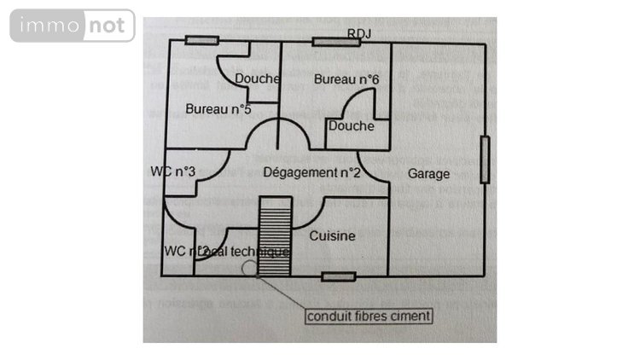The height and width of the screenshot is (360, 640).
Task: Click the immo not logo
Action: pyautogui.click(x=73, y=26)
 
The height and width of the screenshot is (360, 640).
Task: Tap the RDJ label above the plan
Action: pyautogui.click(x=359, y=33)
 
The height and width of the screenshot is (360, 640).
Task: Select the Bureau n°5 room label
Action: pyautogui.click(x=218, y=108)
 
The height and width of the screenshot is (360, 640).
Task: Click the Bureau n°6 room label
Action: pyautogui.click(x=346, y=79)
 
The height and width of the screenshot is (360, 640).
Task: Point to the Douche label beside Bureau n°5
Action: pyautogui.click(x=258, y=79)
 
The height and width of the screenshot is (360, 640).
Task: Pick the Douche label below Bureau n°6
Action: pyautogui.click(x=351, y=126)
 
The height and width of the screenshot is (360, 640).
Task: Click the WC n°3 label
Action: pyautogui.click(x=174, y=171)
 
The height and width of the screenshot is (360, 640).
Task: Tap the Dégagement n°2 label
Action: pyautogui.click(x=311, y=172)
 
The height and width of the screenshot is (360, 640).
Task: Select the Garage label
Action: pyautogui.click(x=428, y=173)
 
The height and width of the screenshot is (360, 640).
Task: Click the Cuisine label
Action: pyautogui.click(x=332, y=235)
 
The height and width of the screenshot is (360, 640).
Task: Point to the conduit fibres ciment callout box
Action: pyautogui.click(x=369, y=316)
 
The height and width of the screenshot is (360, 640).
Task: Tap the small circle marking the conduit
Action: pyautogui.click(x=249, y=267)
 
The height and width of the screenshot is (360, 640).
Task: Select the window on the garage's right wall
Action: pyautogui.click(x=485, y=160)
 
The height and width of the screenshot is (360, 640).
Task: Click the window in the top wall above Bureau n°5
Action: pyautogui.click(x=202, y=40)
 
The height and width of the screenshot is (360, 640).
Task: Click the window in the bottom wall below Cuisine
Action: pyautogui.click(x=338, y=276)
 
